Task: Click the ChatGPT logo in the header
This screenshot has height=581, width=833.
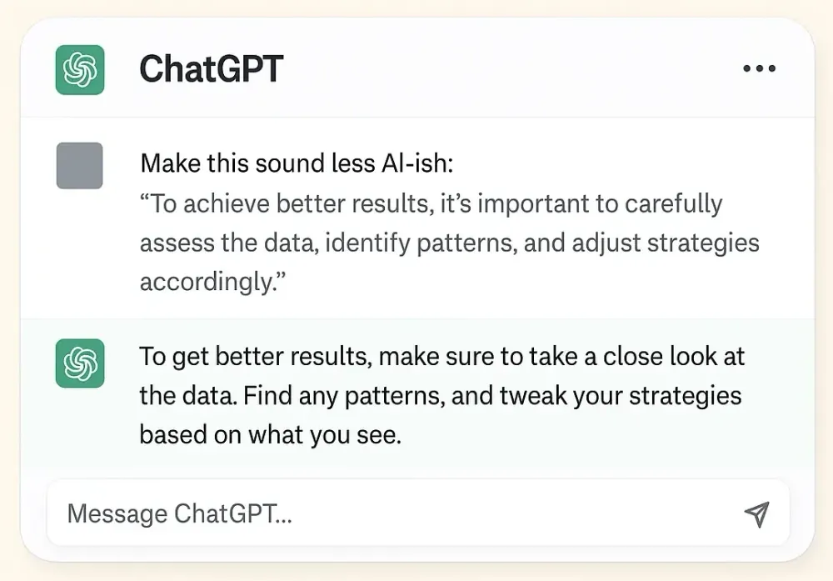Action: [80, 68]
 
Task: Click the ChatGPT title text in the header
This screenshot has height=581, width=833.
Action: [212, 68]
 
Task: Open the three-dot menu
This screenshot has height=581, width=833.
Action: [759, 69]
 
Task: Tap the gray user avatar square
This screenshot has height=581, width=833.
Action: [80, 165]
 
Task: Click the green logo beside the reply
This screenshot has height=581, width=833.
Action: [80, 363]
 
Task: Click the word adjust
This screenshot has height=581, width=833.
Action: [598, 243]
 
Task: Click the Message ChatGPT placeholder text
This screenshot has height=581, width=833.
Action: [180, 513]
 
